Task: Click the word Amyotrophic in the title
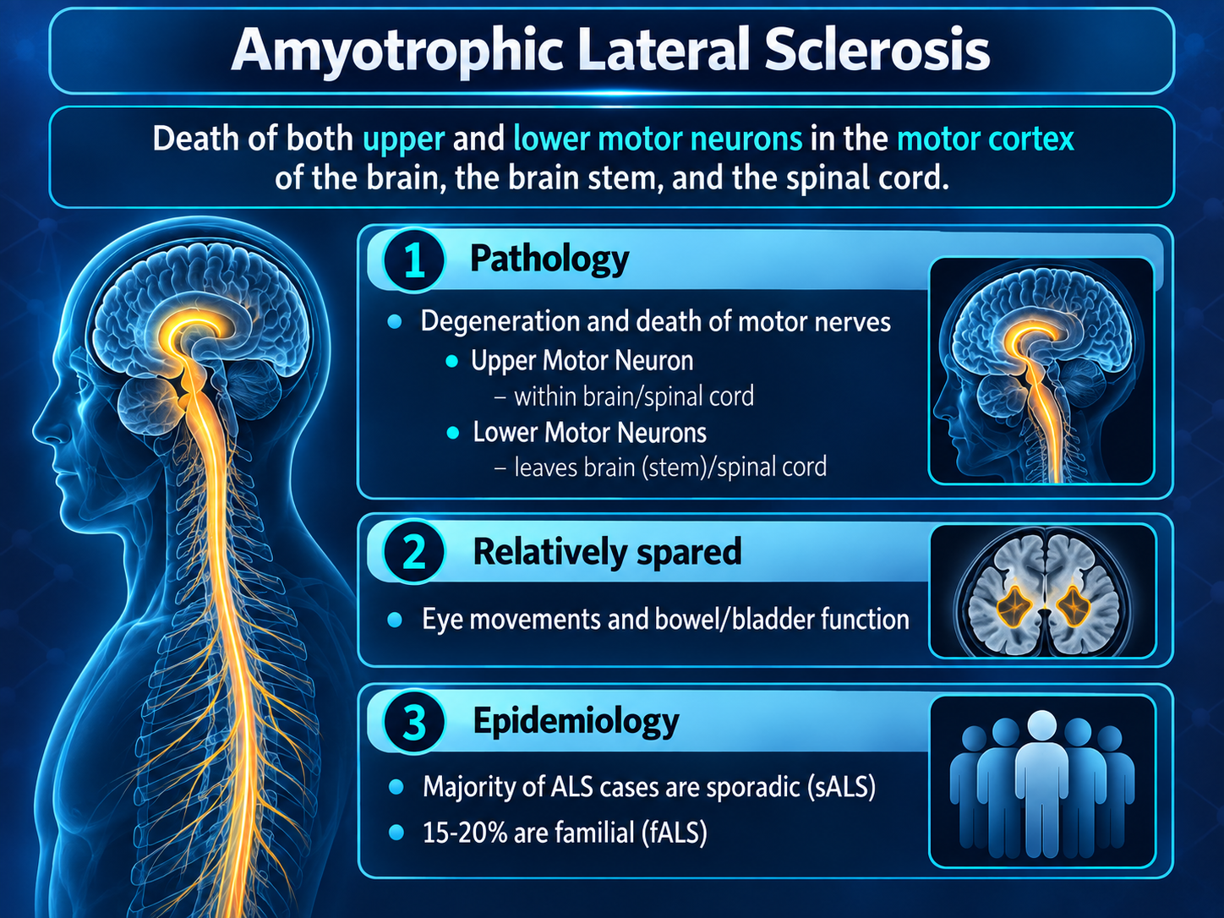[396, 52]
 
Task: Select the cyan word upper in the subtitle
[404, 139]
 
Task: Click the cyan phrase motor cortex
[985, 139]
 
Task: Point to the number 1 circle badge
[413, 260]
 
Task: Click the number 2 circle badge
[413, 552]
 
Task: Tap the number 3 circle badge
[413, 722]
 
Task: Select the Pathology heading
[549, 260]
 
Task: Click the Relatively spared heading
[607, 552]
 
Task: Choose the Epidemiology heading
[576, 722]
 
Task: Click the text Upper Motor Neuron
[582, 360]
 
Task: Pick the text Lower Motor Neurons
[589, 433]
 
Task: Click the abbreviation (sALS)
[841, 787]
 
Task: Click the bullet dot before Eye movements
[395, 620]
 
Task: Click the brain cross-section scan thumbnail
[1043, 592]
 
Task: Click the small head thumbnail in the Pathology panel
[1041, 370]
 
